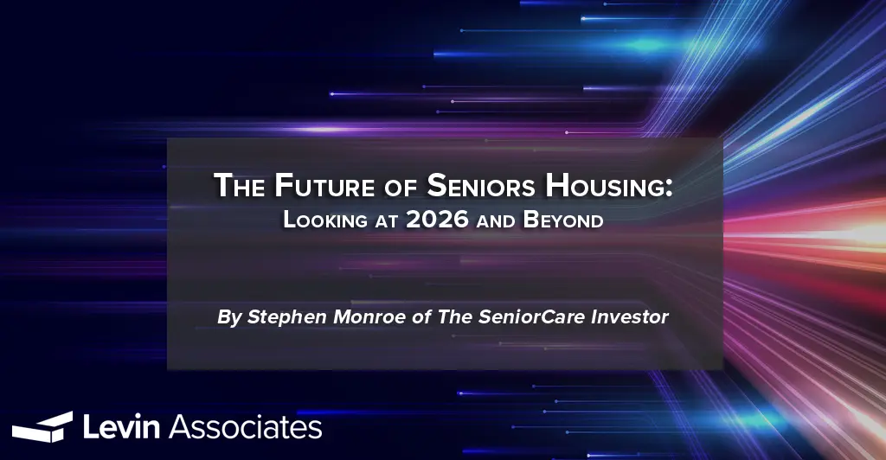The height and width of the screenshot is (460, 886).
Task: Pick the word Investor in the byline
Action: click(629, 317)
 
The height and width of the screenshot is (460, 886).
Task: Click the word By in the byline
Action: click(228, 317)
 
